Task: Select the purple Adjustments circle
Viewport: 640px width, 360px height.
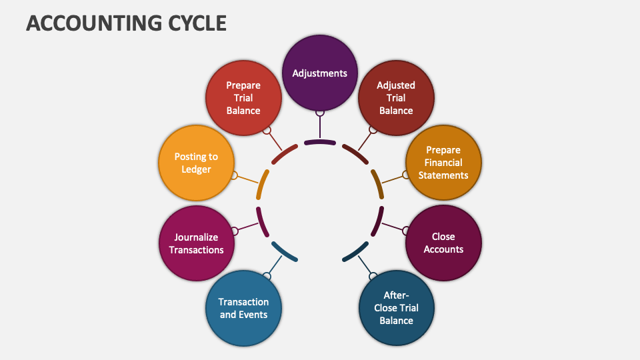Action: [320, 73]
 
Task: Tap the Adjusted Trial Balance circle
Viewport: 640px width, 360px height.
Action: [396, 98]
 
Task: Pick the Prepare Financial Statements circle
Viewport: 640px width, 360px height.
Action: [443, 163]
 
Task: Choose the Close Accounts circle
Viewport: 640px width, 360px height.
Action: [443, 243]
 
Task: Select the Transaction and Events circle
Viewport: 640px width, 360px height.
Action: [243, 308]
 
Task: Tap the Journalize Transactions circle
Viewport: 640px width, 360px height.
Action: [197, 243]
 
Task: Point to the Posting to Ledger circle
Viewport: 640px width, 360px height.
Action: [197, 163]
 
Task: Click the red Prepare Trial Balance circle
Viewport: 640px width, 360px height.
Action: [243, 98]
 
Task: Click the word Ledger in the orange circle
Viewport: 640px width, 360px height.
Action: [196, 169]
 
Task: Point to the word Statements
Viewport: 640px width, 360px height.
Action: [443, 175]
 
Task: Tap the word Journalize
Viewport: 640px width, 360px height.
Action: [196, 237]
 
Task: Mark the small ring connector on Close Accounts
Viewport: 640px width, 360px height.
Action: [406, 231]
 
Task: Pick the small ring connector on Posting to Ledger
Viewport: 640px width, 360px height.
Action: [234, 175]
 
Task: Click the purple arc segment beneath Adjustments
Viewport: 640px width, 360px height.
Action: [320, 142]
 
